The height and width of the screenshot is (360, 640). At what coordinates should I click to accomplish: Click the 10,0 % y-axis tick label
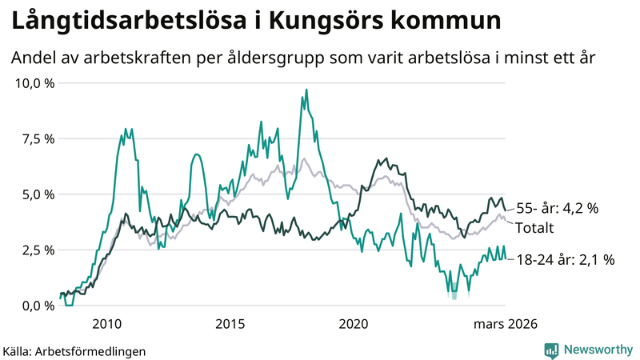34,83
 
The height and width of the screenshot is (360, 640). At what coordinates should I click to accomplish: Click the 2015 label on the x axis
230,324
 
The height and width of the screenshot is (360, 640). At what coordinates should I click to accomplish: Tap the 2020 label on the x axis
354,324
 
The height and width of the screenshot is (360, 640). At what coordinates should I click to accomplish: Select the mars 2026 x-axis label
505,324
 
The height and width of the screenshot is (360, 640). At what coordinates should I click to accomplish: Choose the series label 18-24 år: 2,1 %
565,259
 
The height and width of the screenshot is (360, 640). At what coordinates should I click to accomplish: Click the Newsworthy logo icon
551,350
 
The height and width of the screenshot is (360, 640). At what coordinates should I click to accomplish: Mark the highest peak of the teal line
306,90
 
